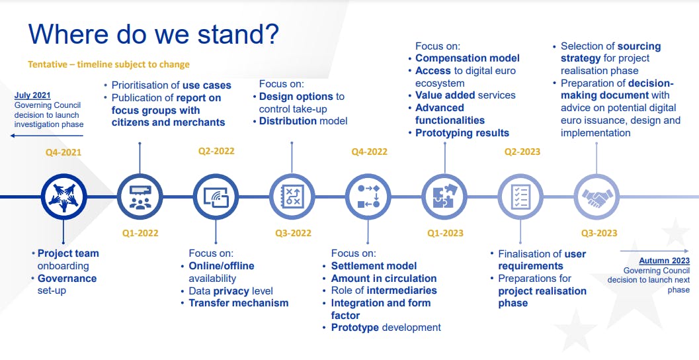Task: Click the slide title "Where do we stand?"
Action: (x=153, y=34)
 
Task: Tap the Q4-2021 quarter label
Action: (x=63, y=153)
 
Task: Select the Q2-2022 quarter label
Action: (x=216, y=152)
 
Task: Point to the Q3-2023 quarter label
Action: (x=599, y=233)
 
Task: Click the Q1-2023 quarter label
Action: (x=445, y=233)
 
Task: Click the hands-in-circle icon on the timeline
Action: (x=63, y=197)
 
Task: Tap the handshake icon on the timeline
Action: (x=597, y=197)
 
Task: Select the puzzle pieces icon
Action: (x=444, y=197)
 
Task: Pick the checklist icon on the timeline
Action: (x=520, y=197)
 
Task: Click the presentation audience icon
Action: (x=140, y=197)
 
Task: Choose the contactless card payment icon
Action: (x=216, y=197)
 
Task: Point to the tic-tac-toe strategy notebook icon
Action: (x=292, y=197)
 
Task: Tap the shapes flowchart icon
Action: (x=368, y=197)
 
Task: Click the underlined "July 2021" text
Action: (x=32, y=95)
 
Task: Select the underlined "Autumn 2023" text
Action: (x=664, y=261)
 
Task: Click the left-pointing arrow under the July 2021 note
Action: (x=47, y=135)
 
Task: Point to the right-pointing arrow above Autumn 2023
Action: (x=655, y=251)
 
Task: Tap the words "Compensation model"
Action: (x=468, y=58)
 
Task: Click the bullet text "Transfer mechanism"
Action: (x=239, y=303)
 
